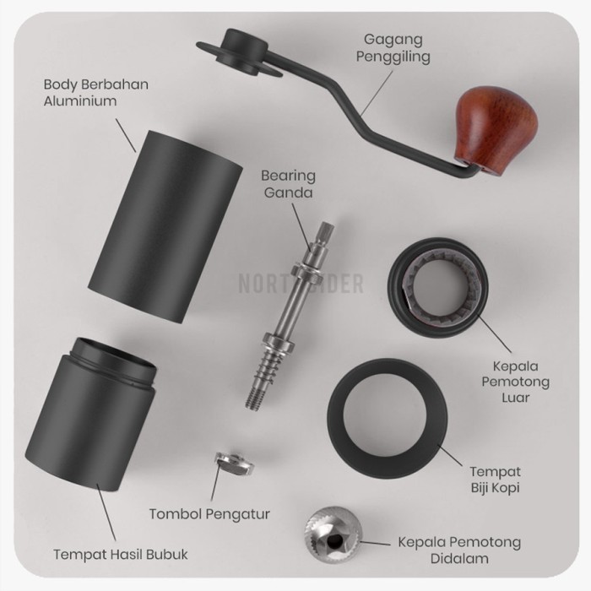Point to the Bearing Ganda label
tap(288, 184)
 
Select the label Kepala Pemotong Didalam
tap(459, 550)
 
